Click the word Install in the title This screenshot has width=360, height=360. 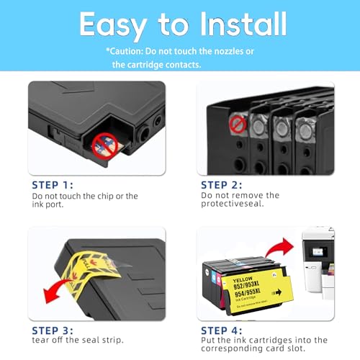coord(243,24)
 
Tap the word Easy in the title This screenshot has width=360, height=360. coord(113,26)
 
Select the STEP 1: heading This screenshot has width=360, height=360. coord(53,185)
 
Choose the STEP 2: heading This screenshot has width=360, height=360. coord(222,185)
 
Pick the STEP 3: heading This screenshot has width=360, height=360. coord(53,330)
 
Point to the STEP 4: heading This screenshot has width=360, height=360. coord(222,330)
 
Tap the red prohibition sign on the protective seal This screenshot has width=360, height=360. coord(238,125)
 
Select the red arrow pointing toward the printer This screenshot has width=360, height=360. coord(279,247)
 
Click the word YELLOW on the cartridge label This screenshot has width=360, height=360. coord(243,280)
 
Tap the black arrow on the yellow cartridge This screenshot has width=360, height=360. coord(278,292)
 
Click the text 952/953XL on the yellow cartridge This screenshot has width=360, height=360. coord(246,285)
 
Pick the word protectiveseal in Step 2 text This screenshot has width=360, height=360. coord(233,204)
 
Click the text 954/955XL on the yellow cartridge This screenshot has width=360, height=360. coord(248,293)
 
